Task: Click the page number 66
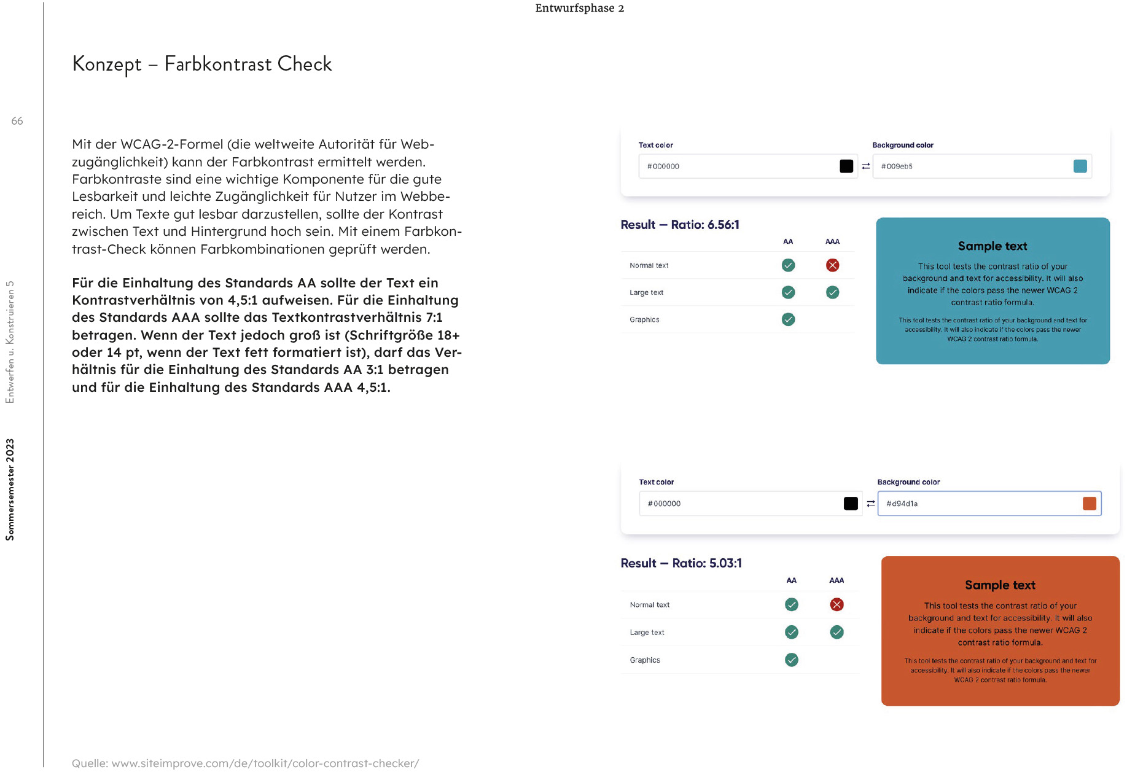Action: pos(17,121)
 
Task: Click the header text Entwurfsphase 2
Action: pos(579,8)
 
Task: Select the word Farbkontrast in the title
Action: pos(217,64)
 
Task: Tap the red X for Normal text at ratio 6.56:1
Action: pos(832,265)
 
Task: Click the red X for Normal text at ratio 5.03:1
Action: pos(837,604)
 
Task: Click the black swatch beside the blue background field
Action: pos(846,166)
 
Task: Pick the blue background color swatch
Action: pos(1080,166)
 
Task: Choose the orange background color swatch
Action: pos(1089,504)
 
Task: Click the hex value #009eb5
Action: pos(897,166)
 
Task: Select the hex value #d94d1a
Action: pos(902,504)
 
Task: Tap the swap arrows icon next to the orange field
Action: pos(870,504)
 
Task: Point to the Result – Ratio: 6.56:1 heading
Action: pos(680,225)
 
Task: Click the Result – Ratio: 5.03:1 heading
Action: pos(681,563)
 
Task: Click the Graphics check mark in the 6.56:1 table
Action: pos(788,319)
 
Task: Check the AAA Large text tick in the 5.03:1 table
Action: pos(837,632)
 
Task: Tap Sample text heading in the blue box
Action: pos(993,246)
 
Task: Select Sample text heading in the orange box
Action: pos(1000,585)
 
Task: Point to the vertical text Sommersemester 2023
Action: pos(10,489)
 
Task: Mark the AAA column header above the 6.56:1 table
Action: pos(832,241)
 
